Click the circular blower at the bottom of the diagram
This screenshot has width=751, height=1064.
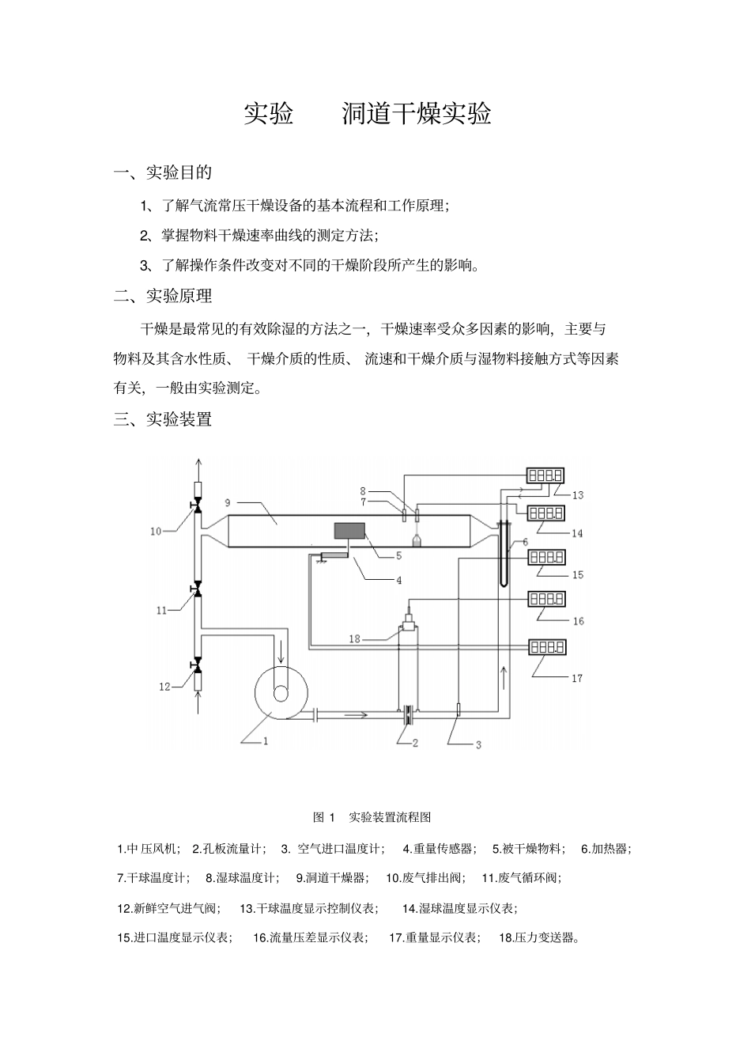(x=281, y=691)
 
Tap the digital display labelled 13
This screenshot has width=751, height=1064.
(x=545, y=475)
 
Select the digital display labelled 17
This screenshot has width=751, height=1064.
(x=546, y=647)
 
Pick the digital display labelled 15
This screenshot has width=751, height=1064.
(x=546, y=557)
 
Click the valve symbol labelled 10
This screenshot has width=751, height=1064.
(x=197, y=503)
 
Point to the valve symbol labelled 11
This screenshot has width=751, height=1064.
(x=197, y=591)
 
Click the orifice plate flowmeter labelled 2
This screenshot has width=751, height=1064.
(x=408, y=714)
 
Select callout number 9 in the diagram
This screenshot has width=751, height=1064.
(x=228, y=502)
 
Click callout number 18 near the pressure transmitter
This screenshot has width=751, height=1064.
(x=355, y=638)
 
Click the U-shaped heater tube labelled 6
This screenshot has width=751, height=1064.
(x=504, y=554)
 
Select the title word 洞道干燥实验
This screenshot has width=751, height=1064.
(x=417, y=114)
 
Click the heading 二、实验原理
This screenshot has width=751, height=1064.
(x=164, y=296)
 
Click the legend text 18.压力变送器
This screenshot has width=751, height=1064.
(x=540, y=937)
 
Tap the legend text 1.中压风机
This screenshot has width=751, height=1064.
(x=149, y=849)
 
